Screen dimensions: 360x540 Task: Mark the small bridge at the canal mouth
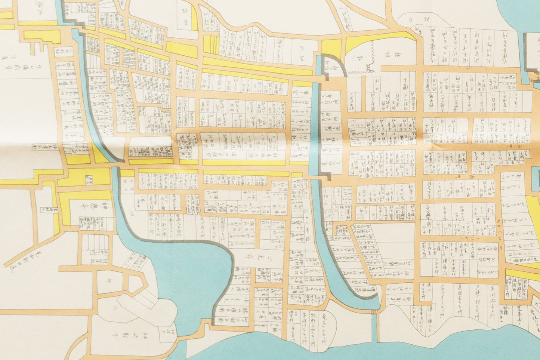point(374,312)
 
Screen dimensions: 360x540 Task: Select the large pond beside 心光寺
point(191,269)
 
